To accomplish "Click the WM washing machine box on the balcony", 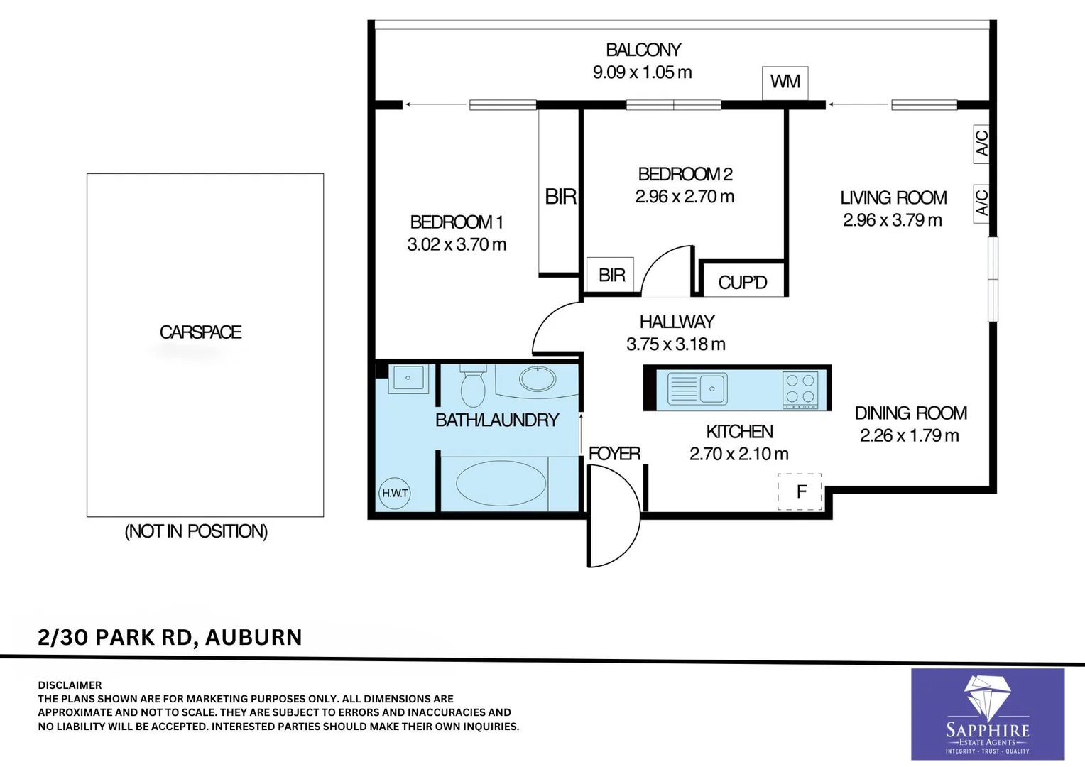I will (x=785, y=82).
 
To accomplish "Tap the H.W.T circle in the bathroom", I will (x=395, y=493).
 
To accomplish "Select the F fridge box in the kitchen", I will (x=800, y=491).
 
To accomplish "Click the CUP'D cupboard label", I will (x=743, y=283).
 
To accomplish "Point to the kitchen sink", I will (x=697, y=389).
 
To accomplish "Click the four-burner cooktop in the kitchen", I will (x=800, y=389).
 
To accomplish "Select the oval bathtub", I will (x=501, y=484).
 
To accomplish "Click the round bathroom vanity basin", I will (x=538, y=379).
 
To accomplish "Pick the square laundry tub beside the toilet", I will (x=408, y=379).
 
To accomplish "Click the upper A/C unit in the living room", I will (x=981, y=143).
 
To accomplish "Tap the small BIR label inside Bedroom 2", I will (x=611, y=275).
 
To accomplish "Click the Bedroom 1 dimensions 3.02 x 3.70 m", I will (x=457, y=245).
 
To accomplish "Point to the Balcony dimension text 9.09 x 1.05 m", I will (x=642, y=72).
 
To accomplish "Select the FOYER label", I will (x=614, y=454).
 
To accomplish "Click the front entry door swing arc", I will (x=615, y=516).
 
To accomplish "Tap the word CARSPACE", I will (x=200, y=332).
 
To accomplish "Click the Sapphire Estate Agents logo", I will (x=987, y=714).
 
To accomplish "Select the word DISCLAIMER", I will (x=70, y=685).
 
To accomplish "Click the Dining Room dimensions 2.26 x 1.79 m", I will (x=909, y=436).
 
